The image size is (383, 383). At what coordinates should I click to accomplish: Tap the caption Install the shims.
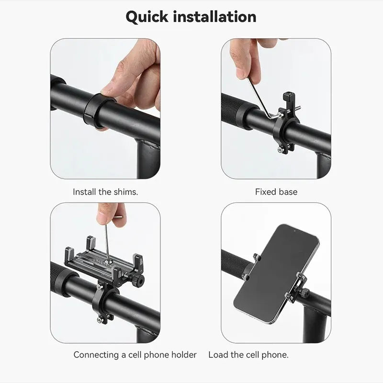pos(105,192)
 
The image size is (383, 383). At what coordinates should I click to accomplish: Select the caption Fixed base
pos(276,192)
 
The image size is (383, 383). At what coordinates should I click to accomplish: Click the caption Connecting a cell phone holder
pos(135,355)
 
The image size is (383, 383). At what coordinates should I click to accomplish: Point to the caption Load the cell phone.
pos(248,355)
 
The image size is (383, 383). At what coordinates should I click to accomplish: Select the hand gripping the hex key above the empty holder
pos(111,214)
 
